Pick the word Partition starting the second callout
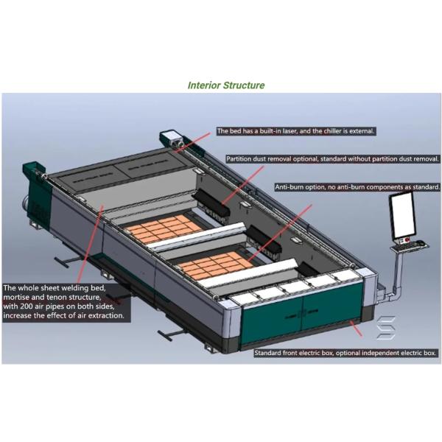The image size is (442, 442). click(x=242, y=158)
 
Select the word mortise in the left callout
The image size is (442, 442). click(x=19, y=297)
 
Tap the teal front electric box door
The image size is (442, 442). click(x=317, y=309)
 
